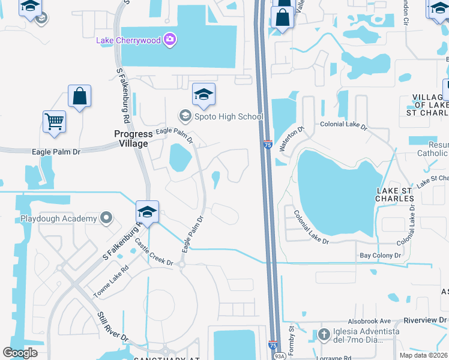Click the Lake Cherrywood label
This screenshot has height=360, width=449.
129,40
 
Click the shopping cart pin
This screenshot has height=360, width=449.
54,121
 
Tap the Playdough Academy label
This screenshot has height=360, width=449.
59,218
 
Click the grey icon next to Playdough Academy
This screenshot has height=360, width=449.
107,218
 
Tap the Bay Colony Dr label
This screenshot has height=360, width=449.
380,256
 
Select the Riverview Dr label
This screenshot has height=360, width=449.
426,320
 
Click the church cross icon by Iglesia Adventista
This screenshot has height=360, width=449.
325,335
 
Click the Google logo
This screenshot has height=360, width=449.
20,353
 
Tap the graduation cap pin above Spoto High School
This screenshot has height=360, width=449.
203,94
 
